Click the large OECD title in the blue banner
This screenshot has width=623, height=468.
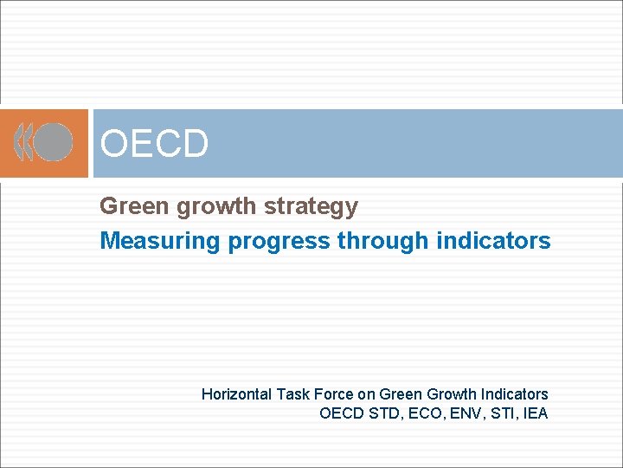point(154,144)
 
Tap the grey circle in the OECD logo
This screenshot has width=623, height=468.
point(54,142)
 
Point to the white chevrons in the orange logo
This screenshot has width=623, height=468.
point(25,142)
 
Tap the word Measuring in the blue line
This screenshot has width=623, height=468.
point(160,241)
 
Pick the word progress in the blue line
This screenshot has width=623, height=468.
point(279,241)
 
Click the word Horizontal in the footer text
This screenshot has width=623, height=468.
point(236,394)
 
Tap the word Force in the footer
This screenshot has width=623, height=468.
point(334,394)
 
